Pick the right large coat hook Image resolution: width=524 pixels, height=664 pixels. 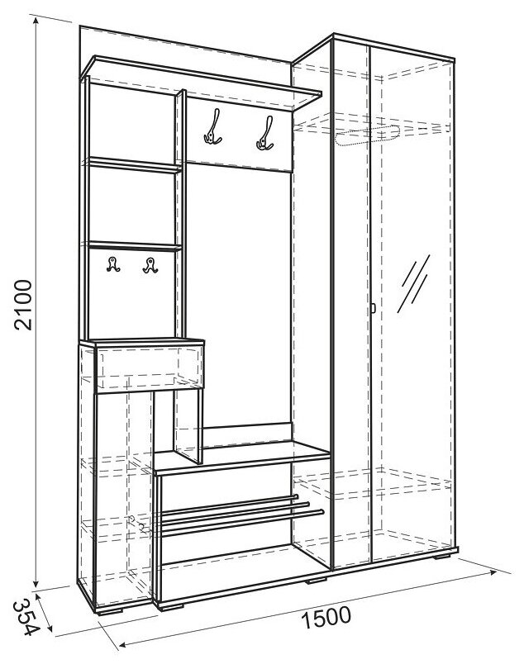264,133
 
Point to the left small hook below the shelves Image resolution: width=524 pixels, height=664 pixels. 112,265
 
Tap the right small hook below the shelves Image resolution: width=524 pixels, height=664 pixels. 150,265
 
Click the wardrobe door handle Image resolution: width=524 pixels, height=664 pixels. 373,308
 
